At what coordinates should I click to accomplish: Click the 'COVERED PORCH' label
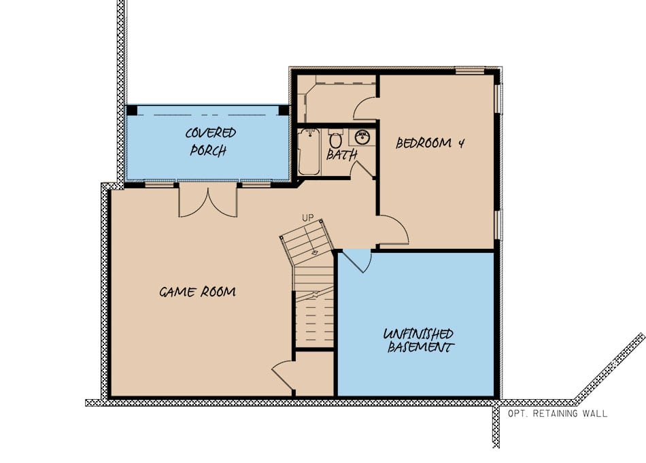(x=211, y=141)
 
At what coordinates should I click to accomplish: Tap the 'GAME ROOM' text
(x=197, y=292)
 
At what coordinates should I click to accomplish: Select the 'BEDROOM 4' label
(x=430, y=143)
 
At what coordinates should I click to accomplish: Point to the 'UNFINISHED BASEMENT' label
(x=418, y=341)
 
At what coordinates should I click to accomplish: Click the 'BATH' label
(x=341, y=155)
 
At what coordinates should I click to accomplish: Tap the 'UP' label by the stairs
(x=307, y=218)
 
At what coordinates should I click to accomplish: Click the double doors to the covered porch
(x=208, y=201)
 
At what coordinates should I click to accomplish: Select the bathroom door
(x=364, y=170)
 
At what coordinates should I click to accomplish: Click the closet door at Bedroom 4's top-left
(x=365, y=108)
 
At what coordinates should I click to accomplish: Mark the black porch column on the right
(x=284, y=110)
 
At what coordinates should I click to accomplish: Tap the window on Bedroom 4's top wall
(x=470, y=69)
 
